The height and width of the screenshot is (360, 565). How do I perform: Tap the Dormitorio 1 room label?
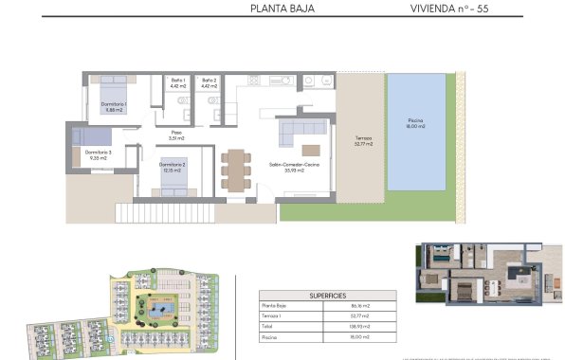coord(113,106)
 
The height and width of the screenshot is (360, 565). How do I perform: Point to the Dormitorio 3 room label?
coord(98,155)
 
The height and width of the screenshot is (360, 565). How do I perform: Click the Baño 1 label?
coord(176,83)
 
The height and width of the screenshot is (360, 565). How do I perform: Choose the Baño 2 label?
coord(210,83)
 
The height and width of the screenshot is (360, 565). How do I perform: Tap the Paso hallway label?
coord(176,135)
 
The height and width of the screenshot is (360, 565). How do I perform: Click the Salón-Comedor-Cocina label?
coord(294,168)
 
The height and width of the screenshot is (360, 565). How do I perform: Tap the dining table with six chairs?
coord(234,169)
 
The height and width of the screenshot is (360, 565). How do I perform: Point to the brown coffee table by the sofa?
coord(311,149)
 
